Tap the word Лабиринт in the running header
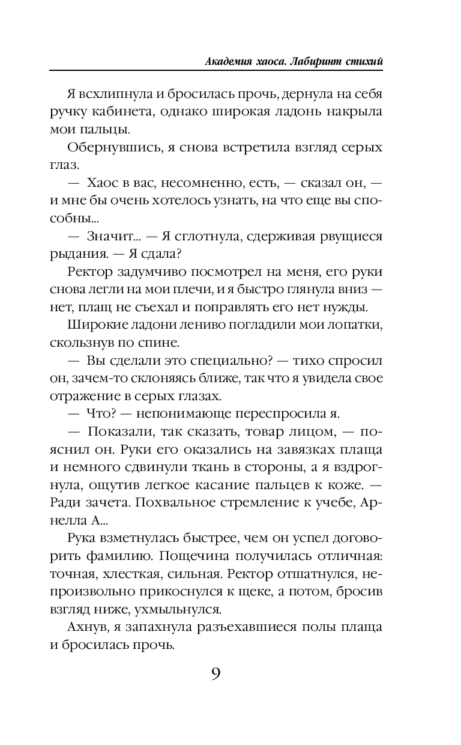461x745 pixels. tap(312, 61)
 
